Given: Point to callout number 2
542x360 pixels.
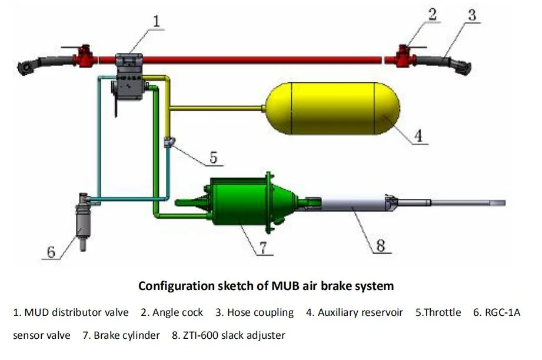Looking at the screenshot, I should (x=433, y=15).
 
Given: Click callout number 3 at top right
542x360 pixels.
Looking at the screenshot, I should (x=471, y=15).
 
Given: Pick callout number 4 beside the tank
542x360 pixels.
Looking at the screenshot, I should (x=418, y=136).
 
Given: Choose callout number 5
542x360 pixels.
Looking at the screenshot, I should (x=213, y=157).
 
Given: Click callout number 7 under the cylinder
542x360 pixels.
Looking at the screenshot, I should (x=265, y=247).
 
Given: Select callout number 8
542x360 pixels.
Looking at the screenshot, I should (x=380, y=245).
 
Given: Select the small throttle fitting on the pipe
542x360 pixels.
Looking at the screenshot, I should (x=169, y=142).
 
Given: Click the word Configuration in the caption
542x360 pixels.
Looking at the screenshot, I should (x=171, y=286).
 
